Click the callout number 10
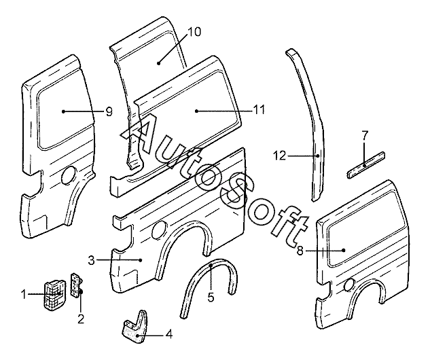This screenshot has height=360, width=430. [x=194, y=32]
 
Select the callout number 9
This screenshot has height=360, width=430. [x=109, y=111]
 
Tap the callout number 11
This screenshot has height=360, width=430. [x=259, y=110]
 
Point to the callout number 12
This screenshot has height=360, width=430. [x=279, y=156]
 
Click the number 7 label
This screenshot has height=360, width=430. [x=365, y=136]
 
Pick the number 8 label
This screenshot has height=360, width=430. [x=300, y=251]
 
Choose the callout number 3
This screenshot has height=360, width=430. [x=91, y=260]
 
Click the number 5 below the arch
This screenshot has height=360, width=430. [x=211, y=297]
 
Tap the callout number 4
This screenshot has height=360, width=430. [x=169, y=334]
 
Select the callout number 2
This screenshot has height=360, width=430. [x=81, y=319]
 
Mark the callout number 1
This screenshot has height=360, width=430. [x=24, y=295]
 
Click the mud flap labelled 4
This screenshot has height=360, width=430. [x=135, y=326]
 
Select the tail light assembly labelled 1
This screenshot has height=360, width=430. [x=55, y=295]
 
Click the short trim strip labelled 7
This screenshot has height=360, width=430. [x=366, y=164]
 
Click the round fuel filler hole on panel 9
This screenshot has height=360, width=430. [x=69, y=175]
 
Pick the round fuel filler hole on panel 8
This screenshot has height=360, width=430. [x=349, y=285]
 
